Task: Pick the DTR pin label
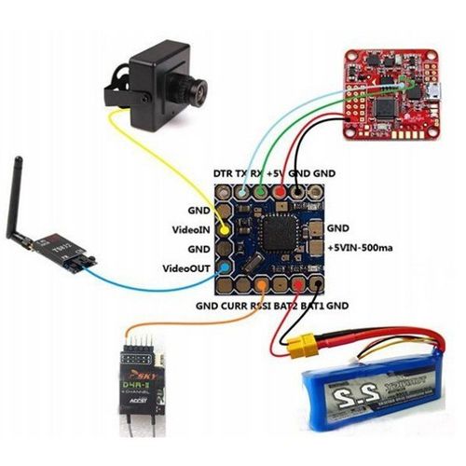pos(223,174)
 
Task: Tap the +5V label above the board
pos(277,174)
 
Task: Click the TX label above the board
pos(241,174)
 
